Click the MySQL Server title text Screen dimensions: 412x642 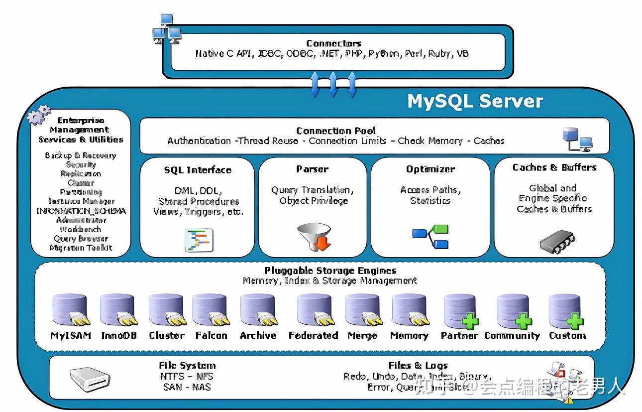pyautogui.click(x=475, y=101)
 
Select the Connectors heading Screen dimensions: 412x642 pyautogui.click(x=333, y=43)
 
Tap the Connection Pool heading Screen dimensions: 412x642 pyautogui.click(x=336, y=131)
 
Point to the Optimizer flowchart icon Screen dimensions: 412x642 pyautogui.click(x=430, y=237)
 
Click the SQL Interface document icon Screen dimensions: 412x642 pyautogui.click(x=199, y=240)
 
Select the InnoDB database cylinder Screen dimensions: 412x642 pyautogui.click(x=117, y=310)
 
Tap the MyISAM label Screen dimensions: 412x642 pyautogui.click(x=71, y=335)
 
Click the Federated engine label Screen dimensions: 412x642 pyautogui.click(x=314, y=335)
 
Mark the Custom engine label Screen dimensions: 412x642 pyautogui.click(x=567, y=335)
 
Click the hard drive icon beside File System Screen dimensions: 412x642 pyautogui.click(x=90, y=380)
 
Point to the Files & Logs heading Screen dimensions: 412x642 pyautogui.click(x=418, y=365)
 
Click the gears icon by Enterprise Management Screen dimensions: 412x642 pyautogui.click(x=38, y=115)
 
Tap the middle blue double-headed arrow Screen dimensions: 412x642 pyautogui.click(x=333, y=84)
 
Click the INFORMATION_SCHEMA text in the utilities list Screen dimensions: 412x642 pyautogui.click(x=81, y=211)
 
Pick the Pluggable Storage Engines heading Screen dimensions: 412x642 pyautogui.click(x=330, y=271)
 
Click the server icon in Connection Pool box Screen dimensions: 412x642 pyautogui.click(x=576, y=139)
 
